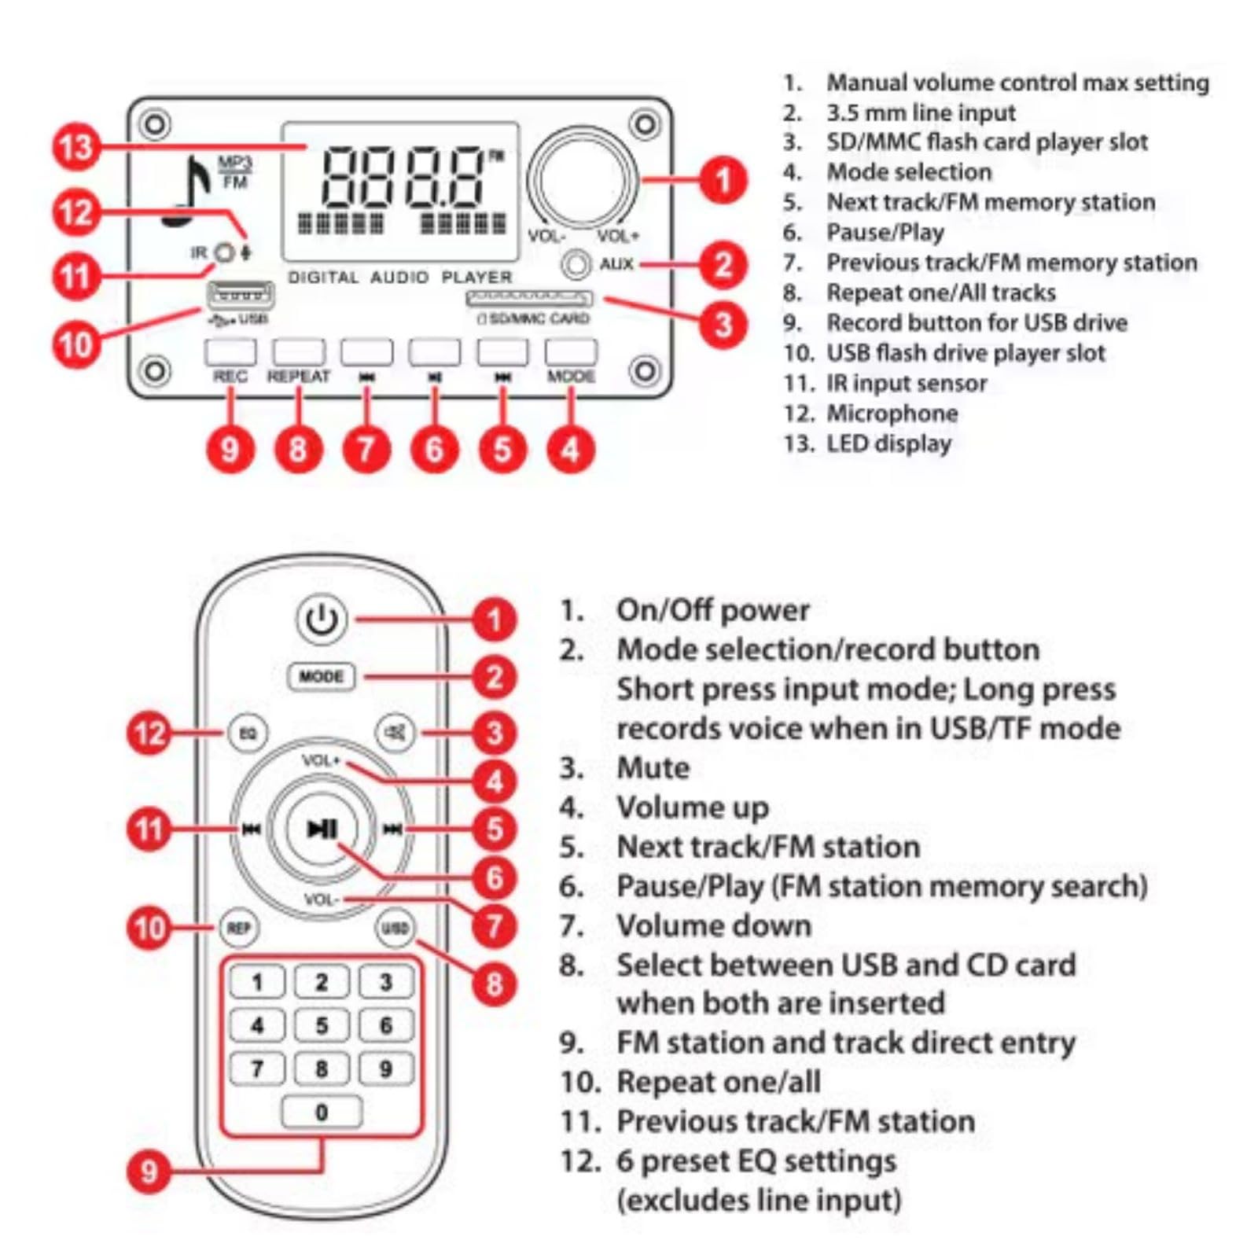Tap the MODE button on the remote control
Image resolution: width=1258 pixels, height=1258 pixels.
coord(322,676)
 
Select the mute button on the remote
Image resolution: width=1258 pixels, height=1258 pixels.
coord(395,733)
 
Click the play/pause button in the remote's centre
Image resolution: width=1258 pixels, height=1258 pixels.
coord(322,829)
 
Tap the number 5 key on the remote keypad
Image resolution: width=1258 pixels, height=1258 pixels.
coord(322,1025)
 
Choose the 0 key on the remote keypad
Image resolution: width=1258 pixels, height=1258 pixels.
coord(322,1112)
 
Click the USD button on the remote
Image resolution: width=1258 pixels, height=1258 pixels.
coord(395,929)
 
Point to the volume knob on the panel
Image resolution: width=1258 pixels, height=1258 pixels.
coord(583,178)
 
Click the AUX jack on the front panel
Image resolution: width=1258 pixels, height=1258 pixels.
coord(576,264)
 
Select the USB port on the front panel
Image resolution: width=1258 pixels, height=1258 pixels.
coord(240,296)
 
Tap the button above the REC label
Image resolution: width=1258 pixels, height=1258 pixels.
coord(230,351)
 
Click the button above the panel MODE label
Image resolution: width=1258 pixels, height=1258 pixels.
coord(571,351)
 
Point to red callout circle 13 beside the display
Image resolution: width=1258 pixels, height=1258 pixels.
coord(76,147)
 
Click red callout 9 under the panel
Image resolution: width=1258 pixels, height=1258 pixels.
coord(230,449)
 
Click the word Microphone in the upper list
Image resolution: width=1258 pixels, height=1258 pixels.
coord(892,414)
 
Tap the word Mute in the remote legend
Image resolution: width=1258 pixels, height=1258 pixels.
coord(653,767)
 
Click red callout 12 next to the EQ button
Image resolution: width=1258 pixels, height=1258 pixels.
coord(149,733)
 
